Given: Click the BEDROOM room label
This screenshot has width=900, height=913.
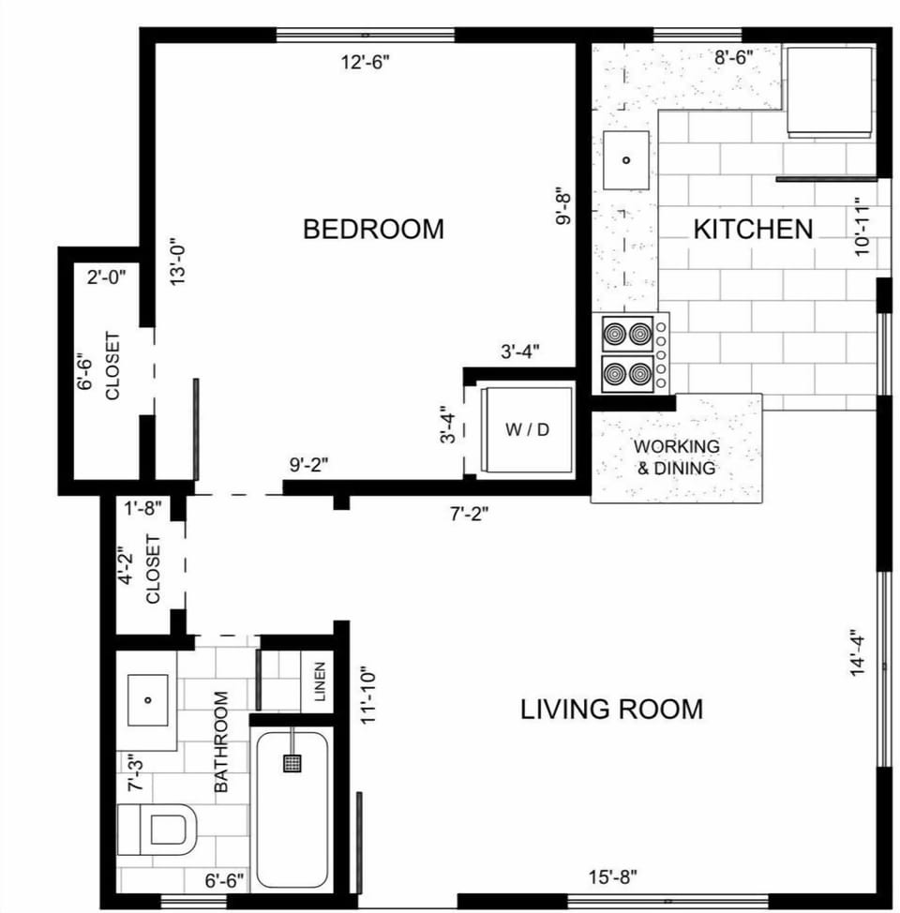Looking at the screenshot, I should pyautogui.click(x=373, y=229).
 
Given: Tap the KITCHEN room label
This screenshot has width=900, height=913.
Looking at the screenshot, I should pyautogui.click(x=753, y=229).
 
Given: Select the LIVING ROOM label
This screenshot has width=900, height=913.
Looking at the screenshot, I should pyautogui.click(x=611, y=709).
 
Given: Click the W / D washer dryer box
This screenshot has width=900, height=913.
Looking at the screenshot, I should pyautogui.click(x=526, y=429).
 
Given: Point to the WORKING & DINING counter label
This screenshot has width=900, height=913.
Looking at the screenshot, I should pyautogui.click(x=676, y=457).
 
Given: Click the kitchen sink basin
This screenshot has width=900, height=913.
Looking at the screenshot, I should pyautogui.click(x=626, y=159).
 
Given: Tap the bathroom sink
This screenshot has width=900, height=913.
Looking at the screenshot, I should pyautogui.click(x=147, y=699).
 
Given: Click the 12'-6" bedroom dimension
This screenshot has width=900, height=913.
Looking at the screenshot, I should pyautogui.click(x=365, y=63).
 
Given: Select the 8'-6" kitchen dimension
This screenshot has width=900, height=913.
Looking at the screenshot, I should pyautogui.click(x=734, y=57).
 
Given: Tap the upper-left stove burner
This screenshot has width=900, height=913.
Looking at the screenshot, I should pyautogui.click(x=615, y=333).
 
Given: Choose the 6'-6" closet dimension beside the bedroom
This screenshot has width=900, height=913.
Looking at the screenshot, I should pyautogui.click(x=86, y=372).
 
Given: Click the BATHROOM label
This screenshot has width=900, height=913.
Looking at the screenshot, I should pyautogui.click(x=222, y=742).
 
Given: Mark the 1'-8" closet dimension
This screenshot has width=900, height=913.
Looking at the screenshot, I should pyautogui.click(x=143, y=508).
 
